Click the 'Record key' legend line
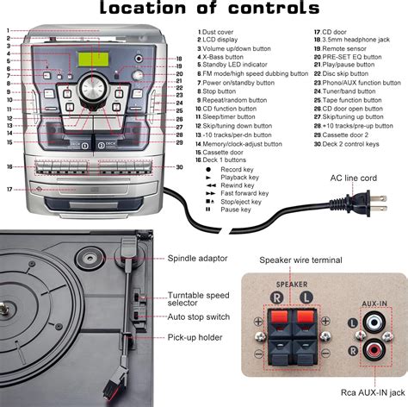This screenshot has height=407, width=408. pos(243,170)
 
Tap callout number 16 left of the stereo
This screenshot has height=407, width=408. pos(9,166)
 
